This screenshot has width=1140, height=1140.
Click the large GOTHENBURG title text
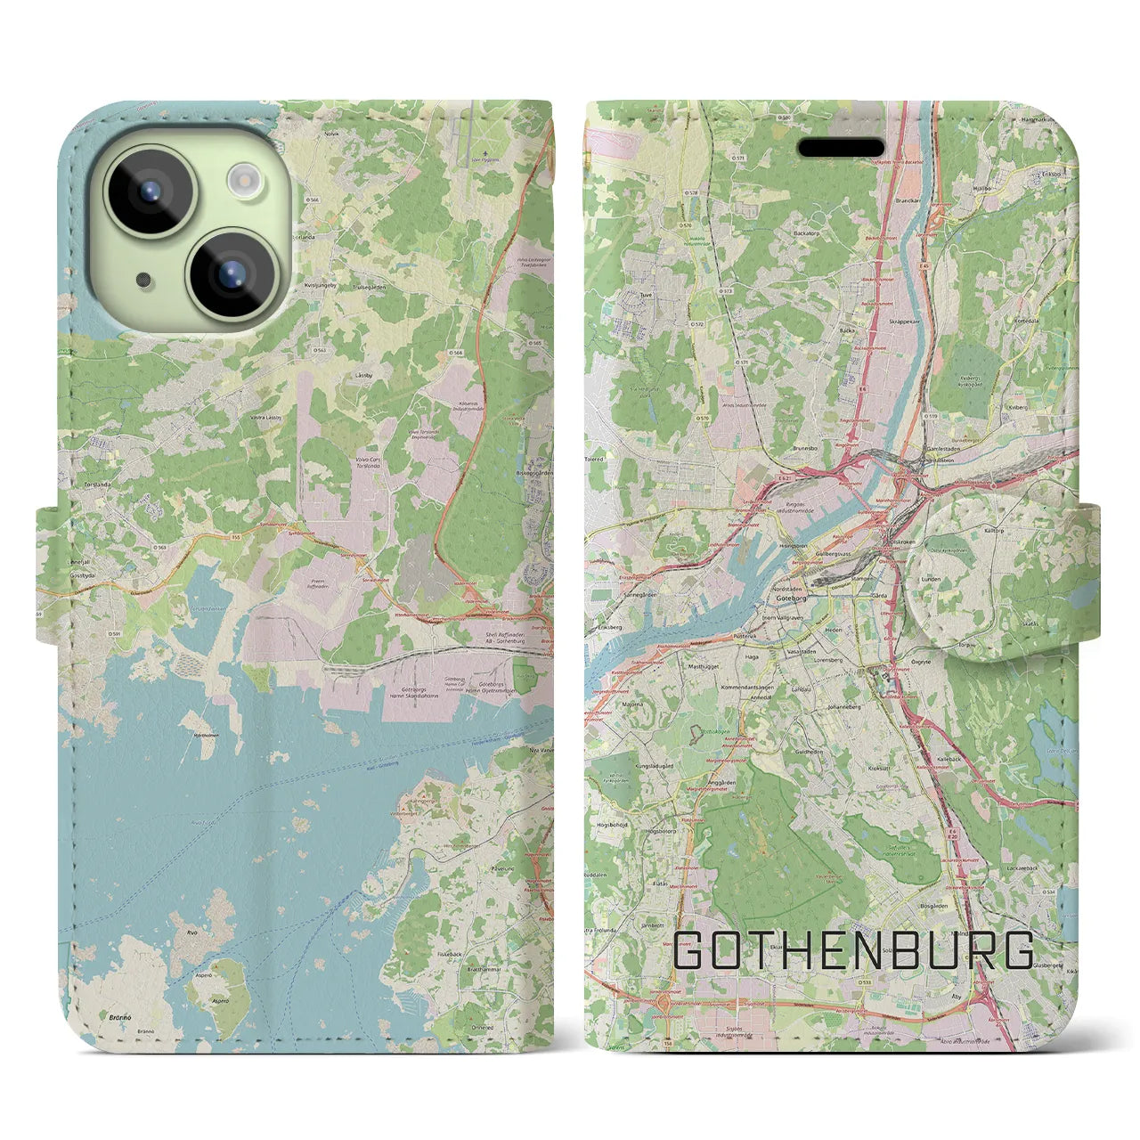[x=854, y=951]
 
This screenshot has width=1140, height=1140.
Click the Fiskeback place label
[x=451, y=954]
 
